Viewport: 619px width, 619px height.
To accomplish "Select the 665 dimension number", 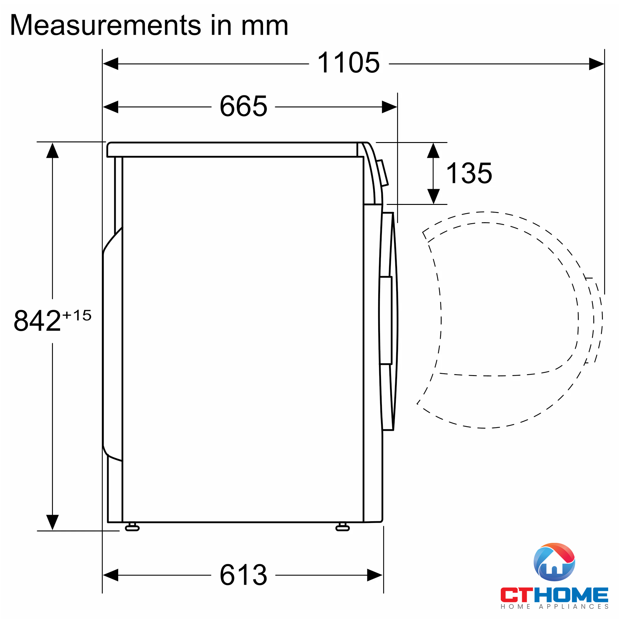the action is click(244, 106).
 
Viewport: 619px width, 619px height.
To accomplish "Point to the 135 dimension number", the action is click(470, 173).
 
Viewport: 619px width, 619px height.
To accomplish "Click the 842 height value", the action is click(37, 321).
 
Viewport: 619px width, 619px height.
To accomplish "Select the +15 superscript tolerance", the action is click(77, 315).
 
